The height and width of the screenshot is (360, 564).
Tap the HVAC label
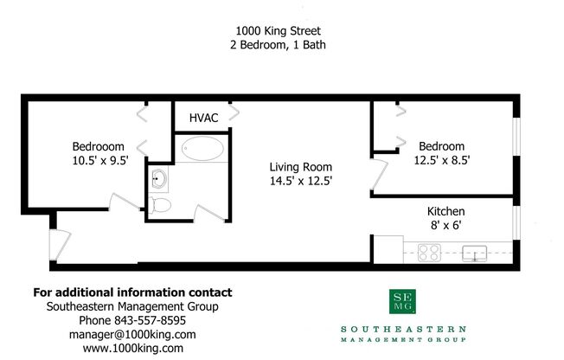tap(202, 117)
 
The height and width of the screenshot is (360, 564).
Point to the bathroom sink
tap(159, 179)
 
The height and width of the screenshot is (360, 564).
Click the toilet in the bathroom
tap(159, 206)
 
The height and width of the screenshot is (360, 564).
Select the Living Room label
tap(300, 167)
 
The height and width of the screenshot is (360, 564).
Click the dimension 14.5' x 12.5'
tap(300, 182)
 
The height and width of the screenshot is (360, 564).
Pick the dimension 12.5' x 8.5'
tap(441, 160)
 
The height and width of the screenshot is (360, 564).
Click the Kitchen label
tap(446, 212)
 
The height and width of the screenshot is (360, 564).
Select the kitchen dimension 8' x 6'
tap(446, 227)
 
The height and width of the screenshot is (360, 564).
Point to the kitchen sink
tap(474, 253)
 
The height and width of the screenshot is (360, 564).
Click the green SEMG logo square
tap(402, 304)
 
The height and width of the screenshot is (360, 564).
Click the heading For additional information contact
tap(131, 292)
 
